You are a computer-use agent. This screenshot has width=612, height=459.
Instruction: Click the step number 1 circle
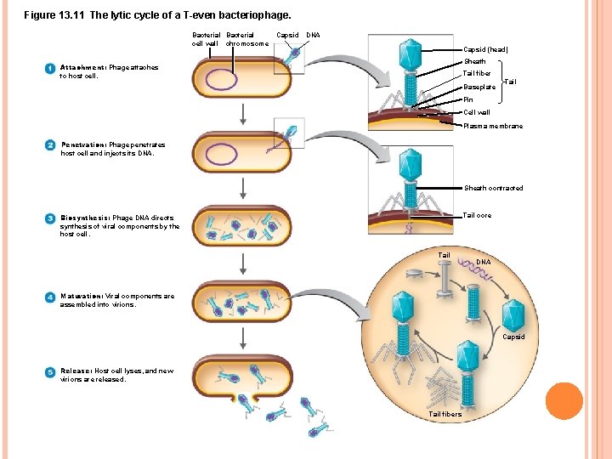click(x=50, y=68)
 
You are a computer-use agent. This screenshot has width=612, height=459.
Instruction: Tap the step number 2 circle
click(x=50, y=144)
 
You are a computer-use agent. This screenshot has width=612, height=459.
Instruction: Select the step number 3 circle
click(x=50, y=218)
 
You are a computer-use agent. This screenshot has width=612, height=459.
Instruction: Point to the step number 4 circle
click(x=50, y=297)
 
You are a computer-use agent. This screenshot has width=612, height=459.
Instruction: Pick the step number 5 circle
click(x=50, y=371)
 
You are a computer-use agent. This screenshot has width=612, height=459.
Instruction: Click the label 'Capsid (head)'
click(x=485, y=49)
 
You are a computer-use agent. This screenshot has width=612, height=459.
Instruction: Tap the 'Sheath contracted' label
click(x=493, y=188)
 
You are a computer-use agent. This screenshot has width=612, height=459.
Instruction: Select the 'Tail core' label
click(x=477, y=215)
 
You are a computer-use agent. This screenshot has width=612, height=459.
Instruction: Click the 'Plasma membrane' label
click(x=493, y=126)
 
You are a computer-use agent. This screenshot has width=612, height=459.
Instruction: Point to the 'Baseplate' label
click(x=479, y=87)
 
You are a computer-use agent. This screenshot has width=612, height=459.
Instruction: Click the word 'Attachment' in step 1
click(x=82, y=67)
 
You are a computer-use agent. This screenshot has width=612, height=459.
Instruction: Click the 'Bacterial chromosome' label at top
click(x=246, y=39)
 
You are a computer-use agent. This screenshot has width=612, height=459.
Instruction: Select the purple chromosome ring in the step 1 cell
click(x=223, y=79)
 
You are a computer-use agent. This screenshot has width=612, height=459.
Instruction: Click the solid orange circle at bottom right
click(x=564, y=401)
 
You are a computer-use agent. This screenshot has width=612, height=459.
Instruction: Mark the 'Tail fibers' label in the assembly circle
click(x=445, y=414)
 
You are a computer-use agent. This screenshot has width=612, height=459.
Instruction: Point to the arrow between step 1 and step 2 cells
click(x=243, y=114)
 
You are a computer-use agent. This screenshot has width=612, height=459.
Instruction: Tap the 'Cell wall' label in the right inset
click(x=476, y=112)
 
